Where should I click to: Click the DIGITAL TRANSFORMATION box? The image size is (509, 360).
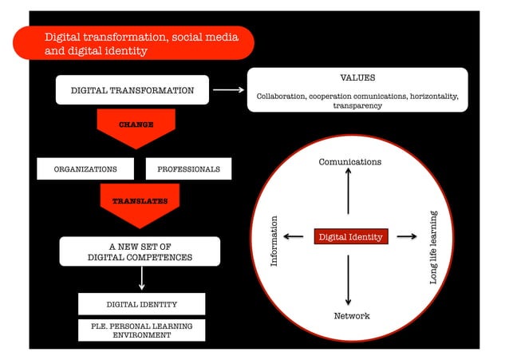pos(132,90)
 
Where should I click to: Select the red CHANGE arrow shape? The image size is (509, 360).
pos(136,128)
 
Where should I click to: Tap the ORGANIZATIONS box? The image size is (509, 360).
pos(85,169)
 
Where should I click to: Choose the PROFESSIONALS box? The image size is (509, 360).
pos(188,169)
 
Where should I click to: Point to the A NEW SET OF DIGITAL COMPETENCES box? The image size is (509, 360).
pos(140,251)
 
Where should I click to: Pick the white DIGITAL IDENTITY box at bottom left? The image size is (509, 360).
pos(141,304)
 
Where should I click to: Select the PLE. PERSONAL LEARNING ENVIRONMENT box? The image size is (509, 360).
pos(141,330)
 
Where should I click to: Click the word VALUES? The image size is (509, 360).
pos(357,78)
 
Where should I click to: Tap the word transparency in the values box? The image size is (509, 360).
pos(357,105)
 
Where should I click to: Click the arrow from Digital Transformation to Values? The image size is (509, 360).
pos(229,90)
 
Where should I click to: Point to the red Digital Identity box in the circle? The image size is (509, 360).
pos(351,237)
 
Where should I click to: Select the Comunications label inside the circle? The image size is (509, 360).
pos(350,162)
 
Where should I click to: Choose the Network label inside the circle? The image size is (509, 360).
pos(351,316)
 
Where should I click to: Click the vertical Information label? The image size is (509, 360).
pos(274,241)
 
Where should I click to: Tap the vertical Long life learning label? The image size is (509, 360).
pos(433,247)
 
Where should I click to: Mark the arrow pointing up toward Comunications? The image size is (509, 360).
pos(349,192)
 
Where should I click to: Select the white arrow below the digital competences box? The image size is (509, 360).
pos(141,278)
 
